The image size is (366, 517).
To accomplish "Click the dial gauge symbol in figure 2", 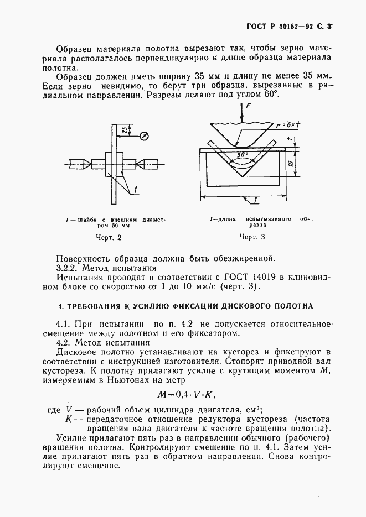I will pos(144,134).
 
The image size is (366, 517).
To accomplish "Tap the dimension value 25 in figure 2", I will pos(126,130).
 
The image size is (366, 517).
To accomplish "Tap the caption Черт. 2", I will pos(108,238).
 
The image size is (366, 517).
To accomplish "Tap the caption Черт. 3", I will pos(252,237).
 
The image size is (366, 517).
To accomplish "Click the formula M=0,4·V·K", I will pos(185,394).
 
